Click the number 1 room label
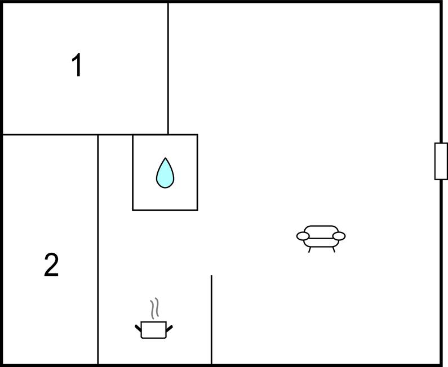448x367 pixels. (77, 65)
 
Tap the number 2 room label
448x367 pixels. (51, 265)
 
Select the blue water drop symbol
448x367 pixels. (165, 173)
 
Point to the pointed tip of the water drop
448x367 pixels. (165, 158)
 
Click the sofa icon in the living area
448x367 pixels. (321, 239)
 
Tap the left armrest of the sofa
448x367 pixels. (303, 236)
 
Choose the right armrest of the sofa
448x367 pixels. (339, 236)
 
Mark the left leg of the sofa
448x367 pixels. (309, 250)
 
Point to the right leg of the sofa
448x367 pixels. (334, 250)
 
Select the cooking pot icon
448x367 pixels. (154, 319)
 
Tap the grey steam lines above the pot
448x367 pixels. (154, 308)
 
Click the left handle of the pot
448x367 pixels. (138, 328)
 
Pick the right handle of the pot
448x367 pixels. (170, 328)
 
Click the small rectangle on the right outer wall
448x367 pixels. (441, 161)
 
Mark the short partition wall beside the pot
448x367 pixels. (211, 320)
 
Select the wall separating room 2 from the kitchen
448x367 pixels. (98, 249)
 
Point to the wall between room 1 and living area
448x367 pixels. (168, 69)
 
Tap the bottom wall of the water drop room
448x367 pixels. (165, 211)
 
